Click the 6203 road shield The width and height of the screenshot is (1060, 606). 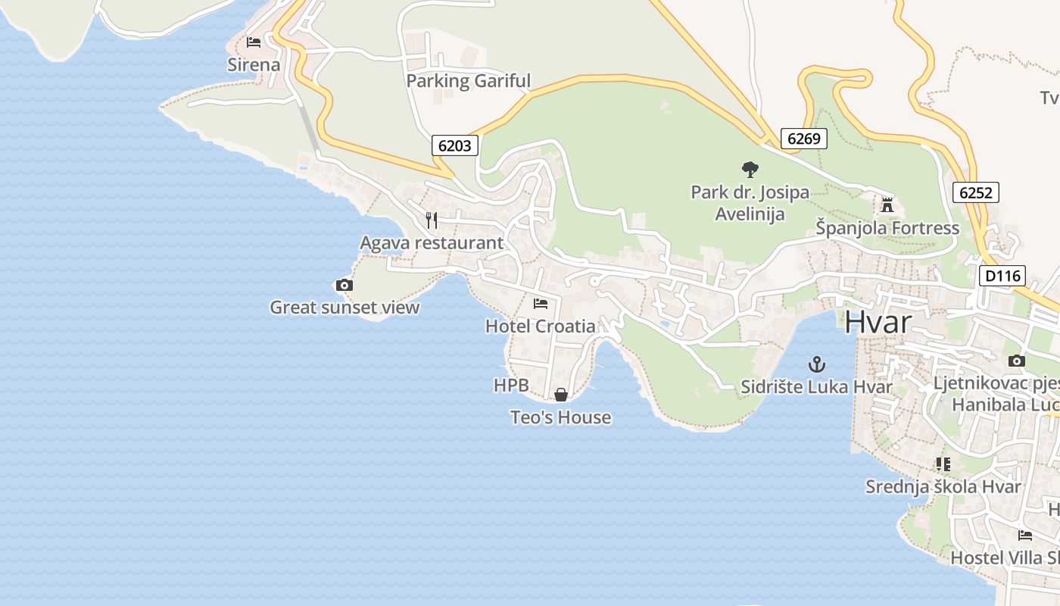tap(455, 145)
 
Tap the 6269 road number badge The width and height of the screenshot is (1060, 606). tap(803, 138)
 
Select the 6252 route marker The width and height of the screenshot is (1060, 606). tap(975, 192)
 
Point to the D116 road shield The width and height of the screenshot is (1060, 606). tap(1003, 276)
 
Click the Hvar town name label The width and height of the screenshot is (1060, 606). tap(878, 322)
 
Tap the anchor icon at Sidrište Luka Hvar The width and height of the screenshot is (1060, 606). tap(816, 364)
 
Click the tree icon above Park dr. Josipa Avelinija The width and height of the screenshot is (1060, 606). tap(750, 169)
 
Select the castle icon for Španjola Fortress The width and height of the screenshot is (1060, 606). tap(887, 205)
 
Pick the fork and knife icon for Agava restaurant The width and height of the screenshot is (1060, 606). tap(432, 220)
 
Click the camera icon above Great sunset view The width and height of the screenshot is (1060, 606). tap(344, 285)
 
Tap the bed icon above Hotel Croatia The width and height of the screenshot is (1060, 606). tap(541, 304)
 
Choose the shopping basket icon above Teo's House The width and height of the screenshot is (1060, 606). tap(561, 395)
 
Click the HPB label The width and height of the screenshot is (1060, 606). tap(511, 386)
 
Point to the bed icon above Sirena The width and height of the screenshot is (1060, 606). tap(254, 42)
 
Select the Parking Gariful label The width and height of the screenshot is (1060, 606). tap(469, 81)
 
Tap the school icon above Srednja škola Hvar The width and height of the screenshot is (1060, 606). tap(943, 464)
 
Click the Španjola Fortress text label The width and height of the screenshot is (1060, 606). tap(887, 228)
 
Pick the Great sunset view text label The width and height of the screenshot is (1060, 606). tap(344, 308)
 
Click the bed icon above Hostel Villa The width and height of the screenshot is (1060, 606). tap(1025, 535)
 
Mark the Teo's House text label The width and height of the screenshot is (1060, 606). tap(560, 417)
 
